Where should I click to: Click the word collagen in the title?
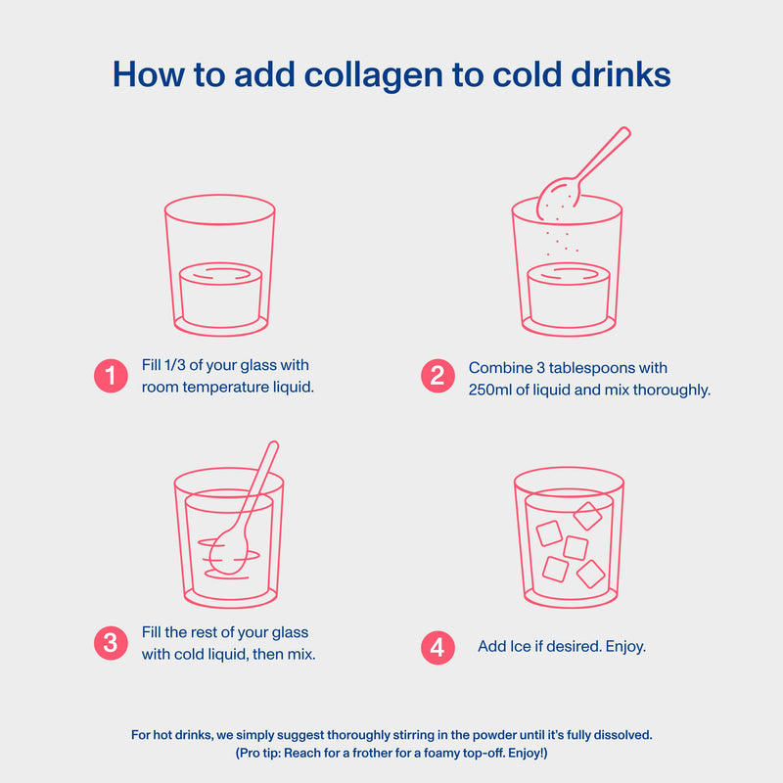click(x=373, y=76)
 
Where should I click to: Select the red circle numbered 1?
click(x=111, y=376)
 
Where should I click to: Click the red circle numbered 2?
click(x=438, y=376)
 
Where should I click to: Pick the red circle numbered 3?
click(x=111, y=643)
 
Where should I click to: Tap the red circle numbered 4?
click(x=438, y=648)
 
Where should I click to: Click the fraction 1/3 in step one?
click(x=175, y=365)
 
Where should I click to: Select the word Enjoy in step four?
click(x=623, y=647)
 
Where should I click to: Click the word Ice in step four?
click(x=521, y=646)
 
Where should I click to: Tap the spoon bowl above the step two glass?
click(x=558, y=199)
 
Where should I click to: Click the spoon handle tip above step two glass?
click(x=624, y=132)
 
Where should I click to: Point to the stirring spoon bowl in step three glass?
click(x=228, y=552)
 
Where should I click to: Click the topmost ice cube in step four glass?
click(x=587, y=516)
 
